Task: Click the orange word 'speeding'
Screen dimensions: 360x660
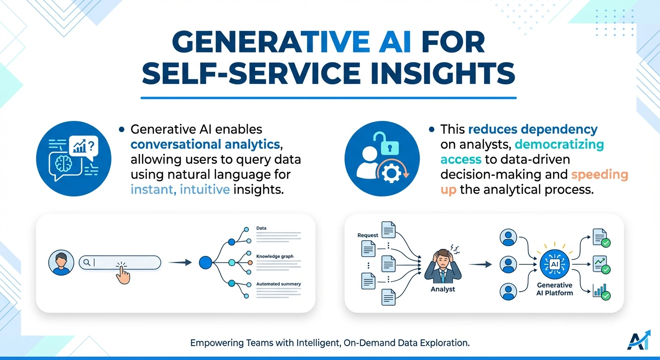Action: [x=600, y=175]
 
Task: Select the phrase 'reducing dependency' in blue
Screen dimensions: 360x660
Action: [x=533, y=129]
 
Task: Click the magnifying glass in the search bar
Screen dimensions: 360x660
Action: [x=87, y=262]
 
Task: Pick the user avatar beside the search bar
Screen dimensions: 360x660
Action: [x=61, y=262]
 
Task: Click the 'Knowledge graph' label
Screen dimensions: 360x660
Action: [x=275, y=256]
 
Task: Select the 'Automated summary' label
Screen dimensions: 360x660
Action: [x=278, y=284]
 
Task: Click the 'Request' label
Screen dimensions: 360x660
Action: [x=367, y=235]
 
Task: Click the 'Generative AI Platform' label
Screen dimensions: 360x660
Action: [x=554, y=289]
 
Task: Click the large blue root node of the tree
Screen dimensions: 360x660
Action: [x=206, y=262]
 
